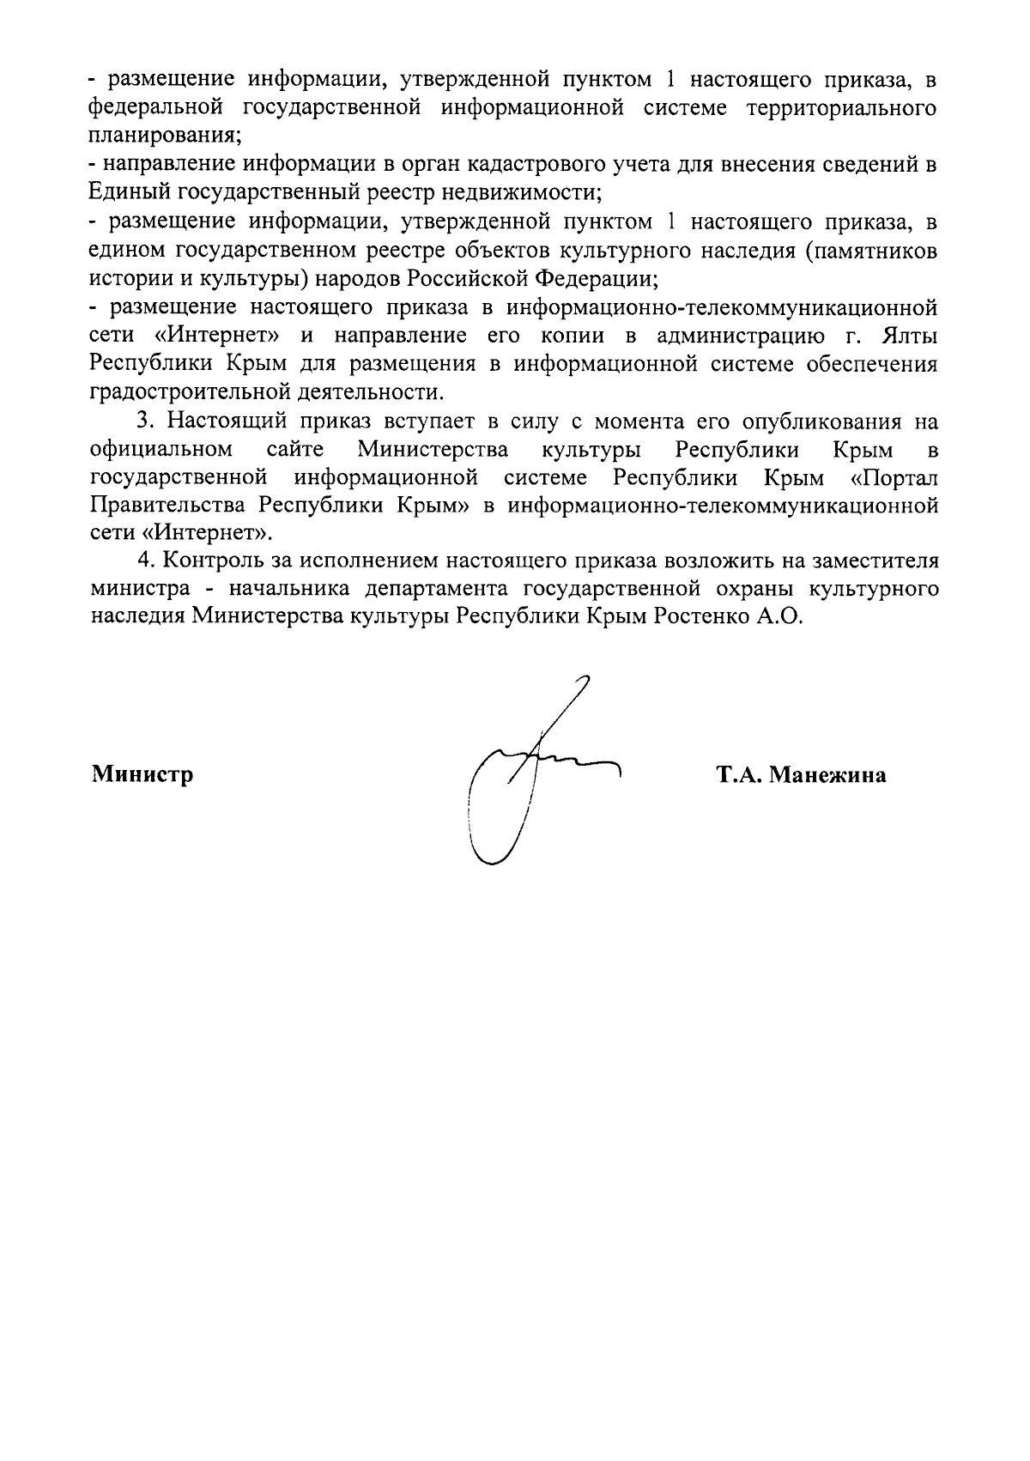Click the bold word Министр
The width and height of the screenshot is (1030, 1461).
pyautogui.click(x=142, y=775)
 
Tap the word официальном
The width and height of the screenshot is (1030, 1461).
pyautogui.click(x=161, y=449)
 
